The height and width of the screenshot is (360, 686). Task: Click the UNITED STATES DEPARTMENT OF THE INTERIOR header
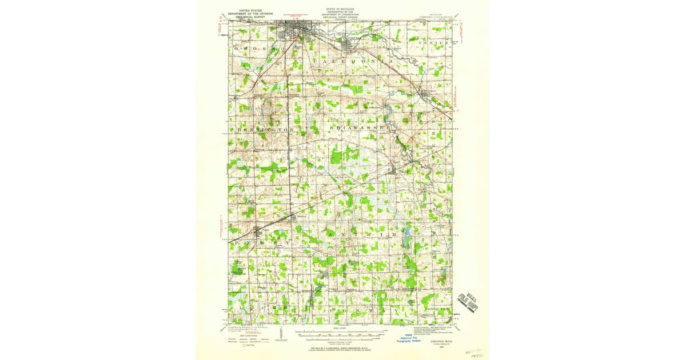tap(249, 14)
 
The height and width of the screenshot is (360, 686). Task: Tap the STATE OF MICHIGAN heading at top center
tap(340, 10)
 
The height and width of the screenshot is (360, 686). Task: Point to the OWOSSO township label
tap(260, 50)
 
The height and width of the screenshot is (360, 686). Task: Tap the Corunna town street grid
tap(349, 46)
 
